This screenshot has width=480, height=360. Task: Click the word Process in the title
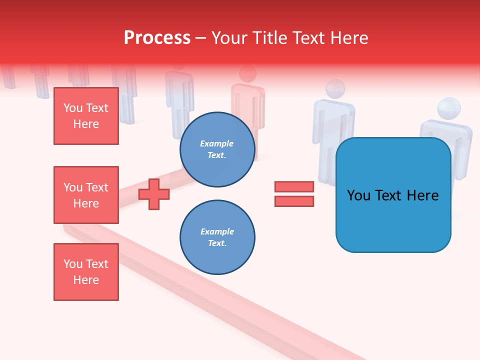coord(157,38)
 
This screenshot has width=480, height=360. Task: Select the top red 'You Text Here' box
coord(86,116)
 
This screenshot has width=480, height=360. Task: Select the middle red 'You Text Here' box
coord(86,195)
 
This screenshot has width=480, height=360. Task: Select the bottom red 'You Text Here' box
coord(86,272)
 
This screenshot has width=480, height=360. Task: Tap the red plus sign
coord(154,194)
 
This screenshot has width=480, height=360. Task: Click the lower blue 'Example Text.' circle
coord(217,237)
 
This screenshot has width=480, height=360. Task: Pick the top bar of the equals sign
coord(294,186)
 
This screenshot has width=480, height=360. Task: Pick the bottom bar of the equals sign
coord(294,201)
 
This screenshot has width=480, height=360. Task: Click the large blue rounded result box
coord(393,195)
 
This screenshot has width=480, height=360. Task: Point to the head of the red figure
coord(247,74)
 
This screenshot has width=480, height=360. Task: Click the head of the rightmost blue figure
coord(448,108)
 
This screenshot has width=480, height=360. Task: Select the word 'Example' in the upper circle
coord(217,143)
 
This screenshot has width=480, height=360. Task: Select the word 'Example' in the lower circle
coord(217,231)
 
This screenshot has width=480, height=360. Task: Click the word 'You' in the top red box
coord(73,108)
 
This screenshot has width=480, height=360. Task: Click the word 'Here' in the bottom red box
coord(86,280)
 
